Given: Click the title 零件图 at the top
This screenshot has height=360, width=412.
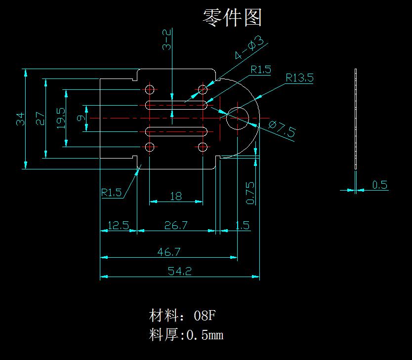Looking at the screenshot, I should tap(232, 17).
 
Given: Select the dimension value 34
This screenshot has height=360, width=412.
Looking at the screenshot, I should tap(20, 119).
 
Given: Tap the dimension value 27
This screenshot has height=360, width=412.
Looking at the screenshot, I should tap(40, 119).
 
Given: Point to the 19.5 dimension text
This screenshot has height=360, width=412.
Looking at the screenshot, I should tap(61, 119).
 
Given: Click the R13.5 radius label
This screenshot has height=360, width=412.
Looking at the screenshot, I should tap(299, 78).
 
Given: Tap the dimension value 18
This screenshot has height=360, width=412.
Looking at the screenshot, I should tap(175, 196).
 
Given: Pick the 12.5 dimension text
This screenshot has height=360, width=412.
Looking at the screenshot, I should tap(118, 225).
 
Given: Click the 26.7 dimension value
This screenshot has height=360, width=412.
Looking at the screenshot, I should tap(176, 225).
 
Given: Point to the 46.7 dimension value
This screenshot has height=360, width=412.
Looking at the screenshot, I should tap(168, 252).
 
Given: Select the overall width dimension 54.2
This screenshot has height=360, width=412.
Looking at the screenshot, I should tap(180, 271).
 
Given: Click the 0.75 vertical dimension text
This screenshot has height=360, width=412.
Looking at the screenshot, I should tap(250, 193).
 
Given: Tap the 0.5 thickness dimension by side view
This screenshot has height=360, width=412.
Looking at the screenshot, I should tap(379, 185).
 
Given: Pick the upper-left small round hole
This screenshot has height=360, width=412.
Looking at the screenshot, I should tap(150, 89).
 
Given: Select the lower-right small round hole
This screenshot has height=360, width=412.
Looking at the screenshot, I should tap(203, 147).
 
